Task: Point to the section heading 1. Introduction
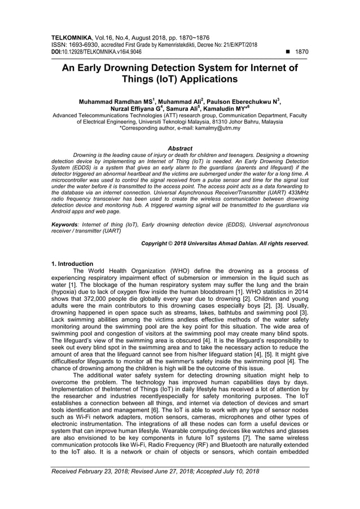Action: coord(72,264)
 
